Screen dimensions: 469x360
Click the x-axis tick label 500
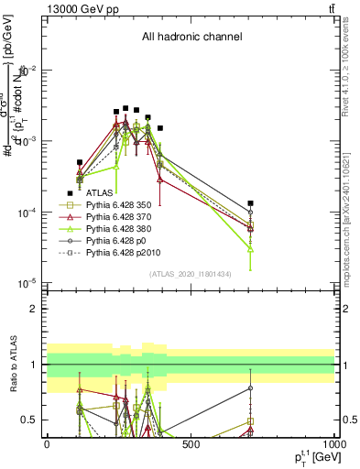click(191, 444)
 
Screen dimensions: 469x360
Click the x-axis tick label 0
click(47, 444)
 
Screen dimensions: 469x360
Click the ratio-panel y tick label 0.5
click(30, 420)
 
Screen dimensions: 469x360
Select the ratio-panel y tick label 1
click(34, 365)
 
